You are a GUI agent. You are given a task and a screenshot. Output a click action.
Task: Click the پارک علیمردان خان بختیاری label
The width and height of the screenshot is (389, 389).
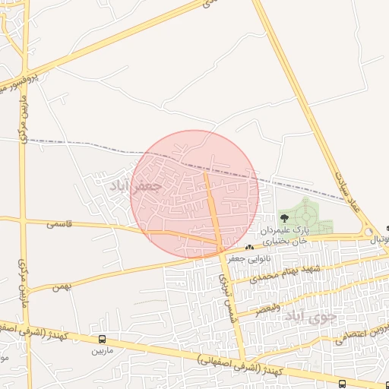[x=283, y=235]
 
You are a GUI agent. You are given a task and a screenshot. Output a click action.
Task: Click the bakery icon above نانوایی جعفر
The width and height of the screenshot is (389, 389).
[x=248, y=248]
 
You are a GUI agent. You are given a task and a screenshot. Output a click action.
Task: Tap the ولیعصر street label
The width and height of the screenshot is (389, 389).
[x=267, y=308]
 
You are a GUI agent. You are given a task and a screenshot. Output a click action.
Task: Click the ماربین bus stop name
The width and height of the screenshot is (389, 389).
[x=102, y=350]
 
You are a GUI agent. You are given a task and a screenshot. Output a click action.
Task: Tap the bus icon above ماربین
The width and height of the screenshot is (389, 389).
[x=102, y=339]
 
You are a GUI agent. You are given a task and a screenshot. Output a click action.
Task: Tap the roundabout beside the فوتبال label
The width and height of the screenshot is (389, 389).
[x=368, y=232]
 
